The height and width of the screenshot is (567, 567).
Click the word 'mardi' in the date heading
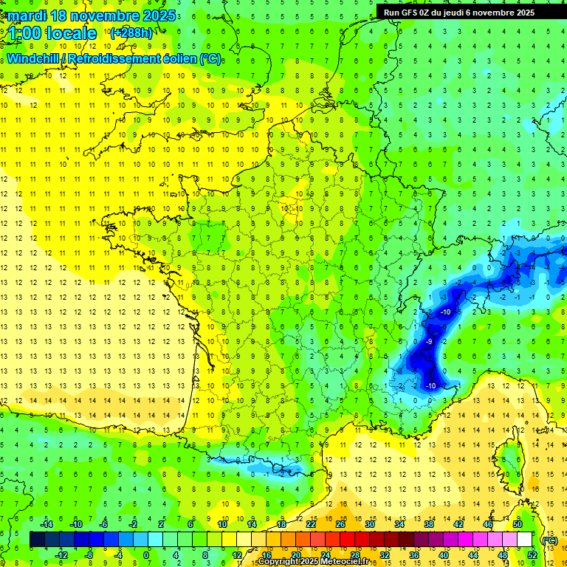click(29, 16)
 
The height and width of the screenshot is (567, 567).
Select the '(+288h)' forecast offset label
click(131, 32)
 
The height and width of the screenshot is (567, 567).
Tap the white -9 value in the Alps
click(429, 342)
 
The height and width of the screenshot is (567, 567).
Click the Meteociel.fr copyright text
click(314, 562)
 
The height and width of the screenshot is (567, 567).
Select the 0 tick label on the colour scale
click(146, 555)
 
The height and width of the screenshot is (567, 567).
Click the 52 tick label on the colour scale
click(532, 555)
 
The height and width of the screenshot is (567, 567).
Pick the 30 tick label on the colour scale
click(369, 524)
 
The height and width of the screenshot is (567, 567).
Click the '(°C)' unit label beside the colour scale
click(549, 540)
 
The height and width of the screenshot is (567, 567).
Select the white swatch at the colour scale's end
click(524, 540)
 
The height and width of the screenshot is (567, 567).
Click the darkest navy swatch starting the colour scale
click(37, 540)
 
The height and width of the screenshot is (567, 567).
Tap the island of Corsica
click(509, 458)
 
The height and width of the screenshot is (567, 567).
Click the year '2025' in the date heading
click(159, 16)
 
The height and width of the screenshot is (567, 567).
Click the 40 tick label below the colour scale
click(444, 555)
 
